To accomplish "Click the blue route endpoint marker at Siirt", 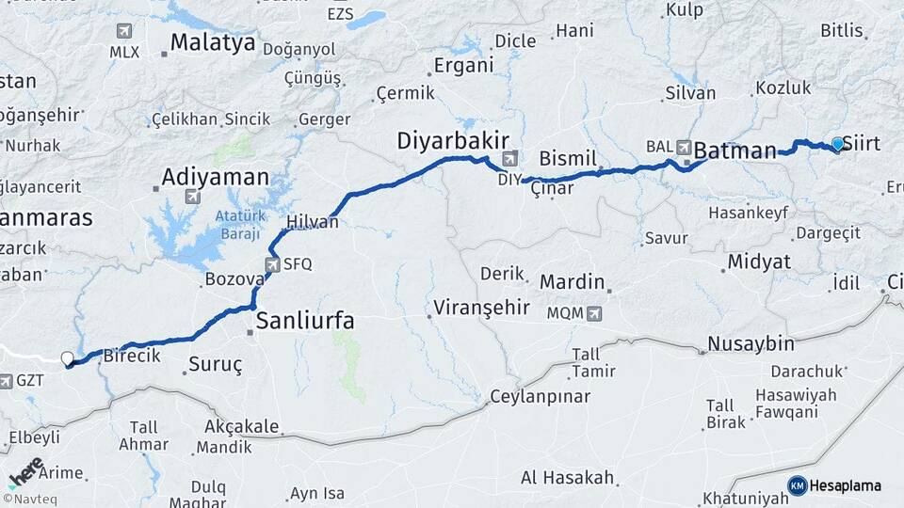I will coord(837,144).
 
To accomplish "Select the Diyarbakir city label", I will coord(445,139).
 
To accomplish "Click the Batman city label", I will coord(735,150).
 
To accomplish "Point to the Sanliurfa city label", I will coord(306,321).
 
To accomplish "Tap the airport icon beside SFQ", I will coord(273,264).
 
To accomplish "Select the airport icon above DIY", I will coord(510,158).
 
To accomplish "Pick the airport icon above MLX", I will coord(124,32).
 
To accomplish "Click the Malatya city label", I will coord(213,42).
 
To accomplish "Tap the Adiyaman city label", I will coord(215,177).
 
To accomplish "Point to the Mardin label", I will coord(572,281).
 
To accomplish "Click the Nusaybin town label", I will coord(751,342).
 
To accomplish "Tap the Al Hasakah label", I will coord(569,478).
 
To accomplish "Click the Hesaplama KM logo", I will coord(834,485).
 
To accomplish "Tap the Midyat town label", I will coord(759,262).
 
